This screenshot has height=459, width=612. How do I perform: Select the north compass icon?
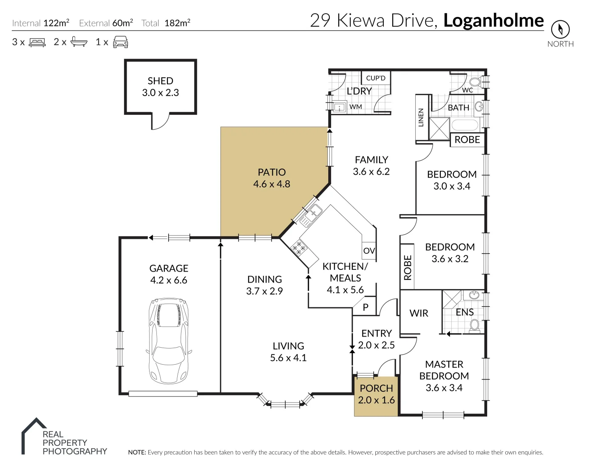[560, 29]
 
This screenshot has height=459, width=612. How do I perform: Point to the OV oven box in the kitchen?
[369, 251]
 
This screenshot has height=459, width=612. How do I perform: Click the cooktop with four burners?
[299, 248]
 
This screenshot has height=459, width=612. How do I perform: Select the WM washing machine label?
[356, 107]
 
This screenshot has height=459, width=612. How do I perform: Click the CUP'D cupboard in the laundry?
[376, 78]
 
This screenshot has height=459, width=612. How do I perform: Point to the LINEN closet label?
[421, 118]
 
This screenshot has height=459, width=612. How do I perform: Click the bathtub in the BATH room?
[465, 125]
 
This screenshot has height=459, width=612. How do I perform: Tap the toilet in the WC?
[475, 82]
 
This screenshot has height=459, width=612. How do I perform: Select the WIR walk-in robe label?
[419, 313]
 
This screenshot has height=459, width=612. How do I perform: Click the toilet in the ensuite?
[475, 326]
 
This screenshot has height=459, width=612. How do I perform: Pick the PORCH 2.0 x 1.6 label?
[376, 394]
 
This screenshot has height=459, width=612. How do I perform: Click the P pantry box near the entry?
[365, 307]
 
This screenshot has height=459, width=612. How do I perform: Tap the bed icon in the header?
[37, 42]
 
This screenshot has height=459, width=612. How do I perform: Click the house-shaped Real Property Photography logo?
[34, 436]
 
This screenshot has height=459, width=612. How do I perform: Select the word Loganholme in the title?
[493, 20]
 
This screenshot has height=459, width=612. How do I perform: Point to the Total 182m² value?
[177, 23]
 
